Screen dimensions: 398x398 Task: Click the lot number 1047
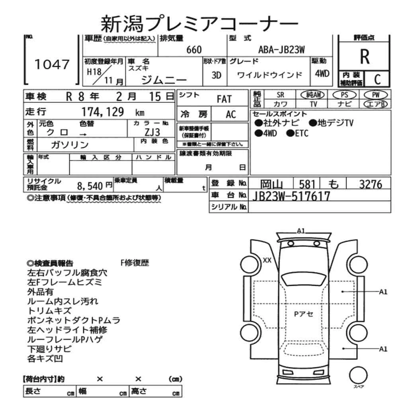52,64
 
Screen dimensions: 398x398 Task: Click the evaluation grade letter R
365,57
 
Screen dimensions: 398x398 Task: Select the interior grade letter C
377,79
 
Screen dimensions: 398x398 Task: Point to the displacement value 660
194,50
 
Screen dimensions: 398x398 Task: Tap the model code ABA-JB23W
281,50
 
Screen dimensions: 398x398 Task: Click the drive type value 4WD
322,74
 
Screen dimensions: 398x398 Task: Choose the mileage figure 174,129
103,112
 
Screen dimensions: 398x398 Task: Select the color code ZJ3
152,132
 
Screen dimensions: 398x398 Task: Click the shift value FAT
224,99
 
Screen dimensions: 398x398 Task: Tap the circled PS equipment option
344,95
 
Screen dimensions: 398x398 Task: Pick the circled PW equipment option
376,95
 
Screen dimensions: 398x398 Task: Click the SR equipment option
280,95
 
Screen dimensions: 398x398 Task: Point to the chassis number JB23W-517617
291,196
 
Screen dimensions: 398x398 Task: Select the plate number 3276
371,184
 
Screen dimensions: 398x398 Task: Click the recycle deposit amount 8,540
90,186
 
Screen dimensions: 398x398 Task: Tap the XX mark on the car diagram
267,260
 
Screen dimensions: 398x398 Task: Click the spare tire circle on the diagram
358,375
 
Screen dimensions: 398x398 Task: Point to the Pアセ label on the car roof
304,314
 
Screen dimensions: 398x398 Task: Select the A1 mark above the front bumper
301,231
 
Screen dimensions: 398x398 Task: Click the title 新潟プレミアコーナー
199,24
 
